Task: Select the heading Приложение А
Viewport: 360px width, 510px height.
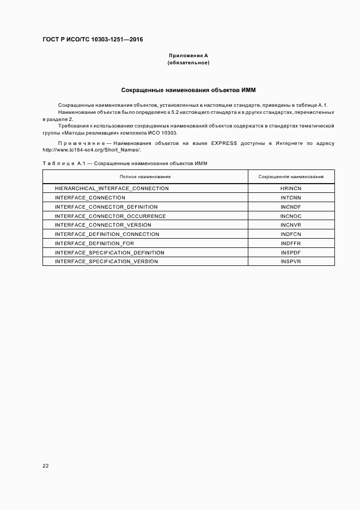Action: (x=188, y=56)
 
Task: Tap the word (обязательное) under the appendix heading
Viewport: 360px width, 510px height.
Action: (x=188, y=63)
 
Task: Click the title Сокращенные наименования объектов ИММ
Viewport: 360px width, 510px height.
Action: (x=188, y=89)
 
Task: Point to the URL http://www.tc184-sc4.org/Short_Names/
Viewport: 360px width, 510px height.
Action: (x=91, y=150)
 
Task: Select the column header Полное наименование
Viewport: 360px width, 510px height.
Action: (x=145, y=177)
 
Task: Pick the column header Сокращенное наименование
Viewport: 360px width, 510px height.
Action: (x=291, y=177)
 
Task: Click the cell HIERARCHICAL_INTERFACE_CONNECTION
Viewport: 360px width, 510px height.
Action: (x=112, y=188)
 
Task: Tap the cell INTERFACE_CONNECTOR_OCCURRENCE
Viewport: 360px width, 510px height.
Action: (x=110, y=216)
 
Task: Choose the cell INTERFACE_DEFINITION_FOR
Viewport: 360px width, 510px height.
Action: (x=94, y=243)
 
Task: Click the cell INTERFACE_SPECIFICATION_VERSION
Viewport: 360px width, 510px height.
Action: (x=106, y=262)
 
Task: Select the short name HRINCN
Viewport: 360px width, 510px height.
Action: (x=291, y=188)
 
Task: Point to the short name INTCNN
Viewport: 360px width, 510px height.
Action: (x=291, y=197)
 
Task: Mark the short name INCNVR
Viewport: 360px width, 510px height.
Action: (x=291, y=225)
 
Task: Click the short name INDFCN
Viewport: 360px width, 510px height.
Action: (x=291, y=234)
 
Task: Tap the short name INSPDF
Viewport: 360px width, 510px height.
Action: (x=291, y=252)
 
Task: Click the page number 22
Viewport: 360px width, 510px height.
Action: (x=46, y=466)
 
